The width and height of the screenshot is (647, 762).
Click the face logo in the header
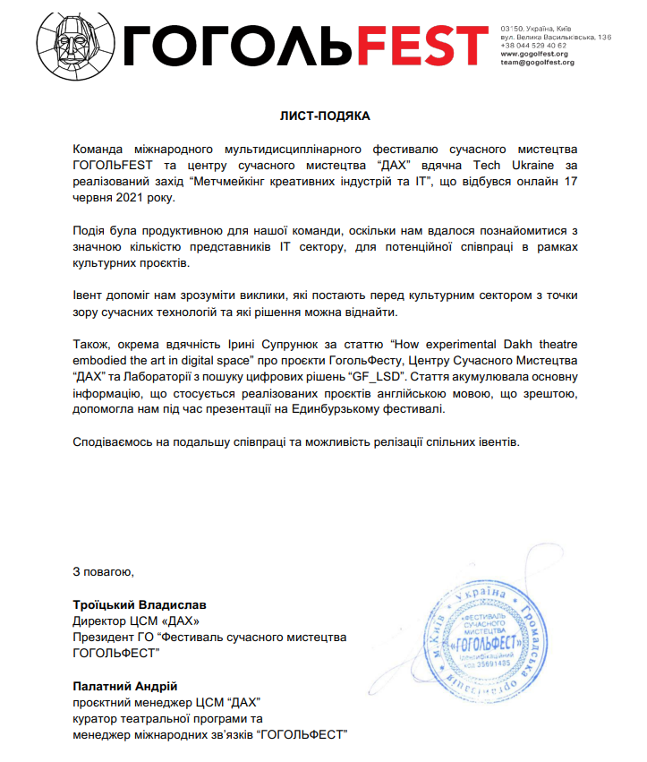pos(76,41)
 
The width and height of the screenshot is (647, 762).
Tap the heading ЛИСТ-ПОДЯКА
pos(323,116)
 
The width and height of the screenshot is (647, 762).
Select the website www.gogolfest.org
pos(535,54)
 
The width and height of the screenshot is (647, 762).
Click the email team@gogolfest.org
pos(537,63)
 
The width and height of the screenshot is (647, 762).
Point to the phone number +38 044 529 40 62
pos(533,45)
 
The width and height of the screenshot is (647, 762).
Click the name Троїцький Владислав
pos(139,604)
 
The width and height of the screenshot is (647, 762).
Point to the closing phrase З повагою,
pos(104,571)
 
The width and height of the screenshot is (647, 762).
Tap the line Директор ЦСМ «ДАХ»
pos(131,621)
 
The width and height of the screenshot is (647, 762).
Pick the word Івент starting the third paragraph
pos(89,295)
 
